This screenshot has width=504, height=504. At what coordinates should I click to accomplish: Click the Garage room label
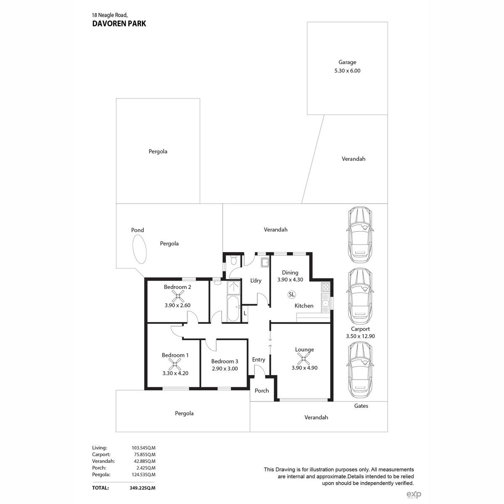[347, 62]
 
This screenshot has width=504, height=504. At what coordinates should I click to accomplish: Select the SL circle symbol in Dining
[291, 294]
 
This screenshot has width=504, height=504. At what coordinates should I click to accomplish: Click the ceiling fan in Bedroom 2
[178, 297]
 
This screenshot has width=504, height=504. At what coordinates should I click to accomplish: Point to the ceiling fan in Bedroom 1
[175, 364]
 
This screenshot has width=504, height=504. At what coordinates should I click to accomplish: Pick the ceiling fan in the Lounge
[304, 359]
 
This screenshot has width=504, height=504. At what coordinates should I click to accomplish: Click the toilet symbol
[234, 260]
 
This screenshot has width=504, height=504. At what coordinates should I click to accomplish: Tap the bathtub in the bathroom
[233, 309]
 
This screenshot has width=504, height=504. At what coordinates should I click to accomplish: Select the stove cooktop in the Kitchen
[325, 287]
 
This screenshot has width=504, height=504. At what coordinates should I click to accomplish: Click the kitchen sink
[325, 303]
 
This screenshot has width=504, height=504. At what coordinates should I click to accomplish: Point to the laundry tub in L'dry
[265, 262]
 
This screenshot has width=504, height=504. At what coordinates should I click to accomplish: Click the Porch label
[262, 391]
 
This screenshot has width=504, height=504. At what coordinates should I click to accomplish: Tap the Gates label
[361, 406]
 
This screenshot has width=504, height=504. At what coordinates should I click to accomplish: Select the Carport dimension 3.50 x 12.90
[360, 336]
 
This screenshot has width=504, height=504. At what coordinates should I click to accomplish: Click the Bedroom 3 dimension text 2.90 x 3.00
[225, 369]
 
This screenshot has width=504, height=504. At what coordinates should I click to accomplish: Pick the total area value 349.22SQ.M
[142, 488]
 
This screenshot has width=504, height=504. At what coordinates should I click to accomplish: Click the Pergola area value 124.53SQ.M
[143, 475]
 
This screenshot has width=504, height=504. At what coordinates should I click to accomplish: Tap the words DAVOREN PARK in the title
[119, 24]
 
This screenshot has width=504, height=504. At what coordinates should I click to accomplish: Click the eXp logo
[414, 494]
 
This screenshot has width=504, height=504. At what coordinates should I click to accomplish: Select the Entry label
[258, 360]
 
